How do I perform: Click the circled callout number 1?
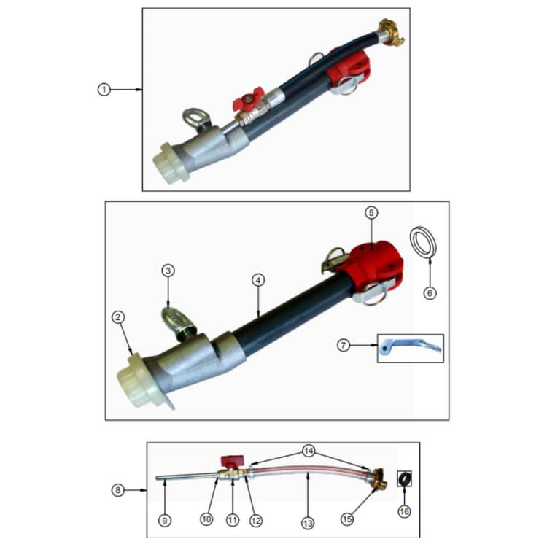(x=104, y=90)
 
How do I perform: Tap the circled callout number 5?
(x=371, y=212)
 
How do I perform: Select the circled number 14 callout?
(x=309, y=451)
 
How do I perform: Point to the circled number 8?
(x=118, y=490)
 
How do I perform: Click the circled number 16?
(x=404, y=511)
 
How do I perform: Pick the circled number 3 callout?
(x=168, y=271)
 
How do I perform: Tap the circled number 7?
(x=344, y=346)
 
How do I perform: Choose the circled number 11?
(x=233, y=520)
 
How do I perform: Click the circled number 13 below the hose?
(x=308, y=523)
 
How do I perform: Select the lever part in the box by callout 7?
(x=410, y=347)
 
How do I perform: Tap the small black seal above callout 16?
(x=405, y=478)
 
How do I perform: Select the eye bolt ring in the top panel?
(x=194, y=119)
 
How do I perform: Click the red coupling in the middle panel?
(x=373, y=265)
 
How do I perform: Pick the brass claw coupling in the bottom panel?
(x=378, y=479)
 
